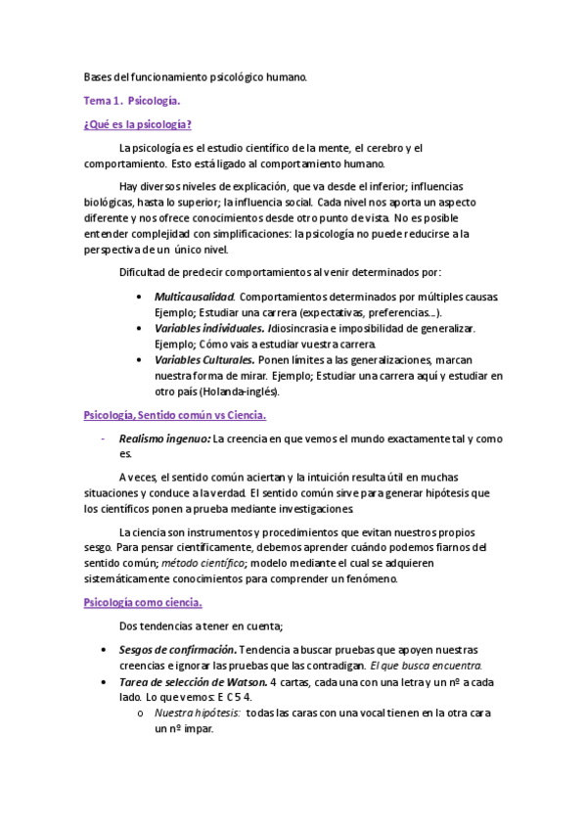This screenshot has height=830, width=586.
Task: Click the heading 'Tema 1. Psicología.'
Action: [132, 100]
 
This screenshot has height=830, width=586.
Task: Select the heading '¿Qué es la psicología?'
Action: [138, 124]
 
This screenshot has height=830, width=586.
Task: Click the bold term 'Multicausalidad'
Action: [194, 296]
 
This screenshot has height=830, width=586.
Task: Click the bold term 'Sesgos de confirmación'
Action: [176, 649]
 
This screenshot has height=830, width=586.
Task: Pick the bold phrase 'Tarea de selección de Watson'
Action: [191, 681]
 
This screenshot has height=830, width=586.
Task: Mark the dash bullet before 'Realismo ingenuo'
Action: [103, 439]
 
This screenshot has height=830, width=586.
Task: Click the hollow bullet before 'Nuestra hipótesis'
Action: [143, 714]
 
